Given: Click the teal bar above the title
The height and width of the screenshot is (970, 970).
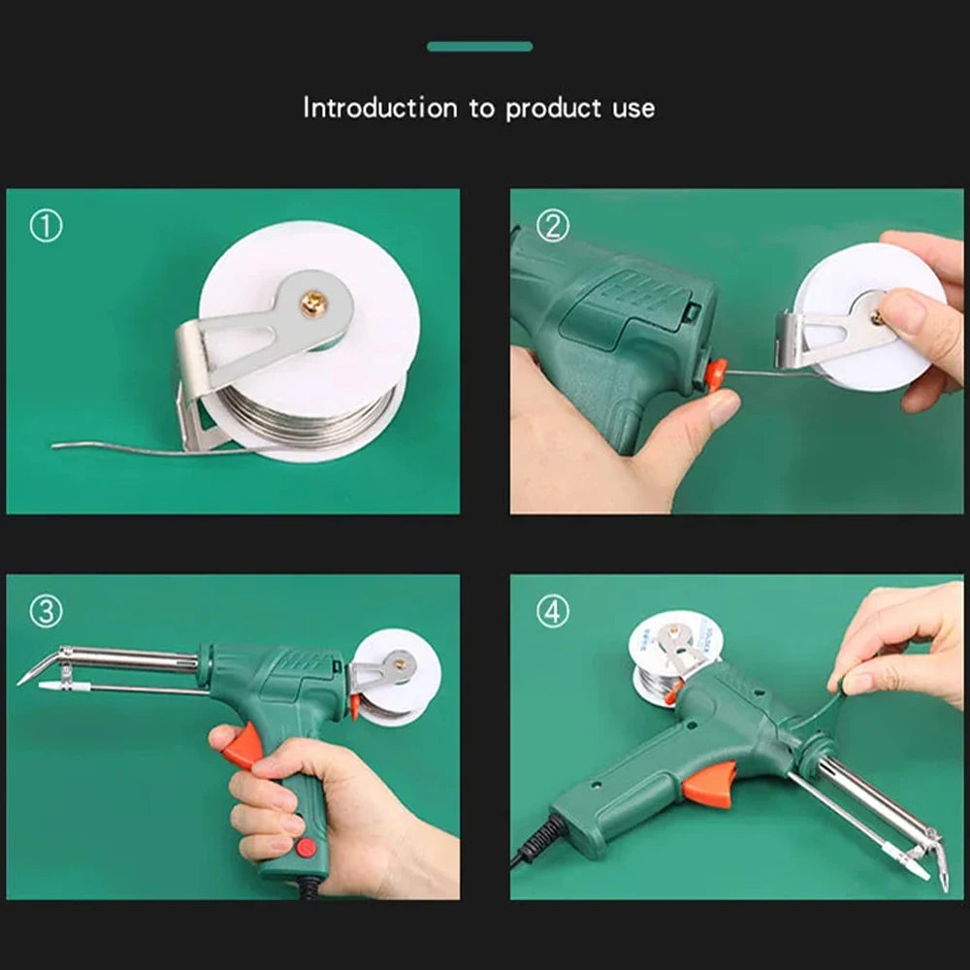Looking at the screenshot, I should pos(479,47).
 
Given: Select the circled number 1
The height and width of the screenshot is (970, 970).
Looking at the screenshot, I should pos(46,226).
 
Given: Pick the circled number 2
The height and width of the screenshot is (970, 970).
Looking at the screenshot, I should pos(552,226).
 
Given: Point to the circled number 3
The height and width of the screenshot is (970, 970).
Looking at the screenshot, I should pos(46,612).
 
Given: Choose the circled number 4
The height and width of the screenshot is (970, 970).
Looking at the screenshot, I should pos(552,612).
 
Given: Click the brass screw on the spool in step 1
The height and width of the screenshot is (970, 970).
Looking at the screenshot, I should pos(313,306).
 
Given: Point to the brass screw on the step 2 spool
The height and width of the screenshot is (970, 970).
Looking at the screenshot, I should pos(876,317).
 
